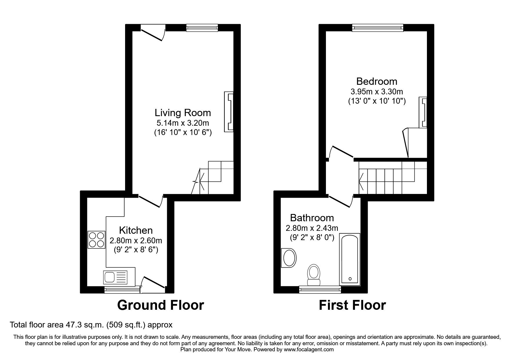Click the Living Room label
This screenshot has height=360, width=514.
point(183,113)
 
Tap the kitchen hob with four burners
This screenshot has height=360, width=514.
point(96,240)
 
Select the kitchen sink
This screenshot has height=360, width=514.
point(115,277)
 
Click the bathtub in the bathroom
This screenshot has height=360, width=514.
point(350,259)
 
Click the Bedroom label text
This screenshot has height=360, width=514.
point(376,81)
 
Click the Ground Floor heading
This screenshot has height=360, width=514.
point(160,305)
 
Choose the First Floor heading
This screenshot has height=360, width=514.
point(352,305)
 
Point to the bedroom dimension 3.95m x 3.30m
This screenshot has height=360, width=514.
point(377,92)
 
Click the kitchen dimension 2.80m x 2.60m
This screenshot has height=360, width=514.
point(136,241)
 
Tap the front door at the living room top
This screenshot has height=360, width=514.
point(153,33)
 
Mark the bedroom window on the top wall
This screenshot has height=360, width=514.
point(378,28)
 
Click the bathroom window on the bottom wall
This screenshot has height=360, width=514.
point(320,289)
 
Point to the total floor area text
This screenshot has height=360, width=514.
point(91,325)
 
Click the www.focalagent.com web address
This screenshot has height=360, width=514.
point(309,350)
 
